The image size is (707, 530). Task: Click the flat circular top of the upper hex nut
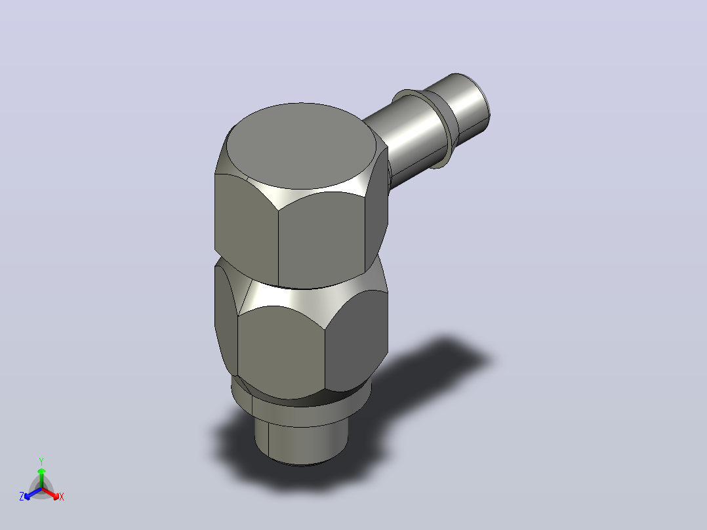[x=301, y=145]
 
